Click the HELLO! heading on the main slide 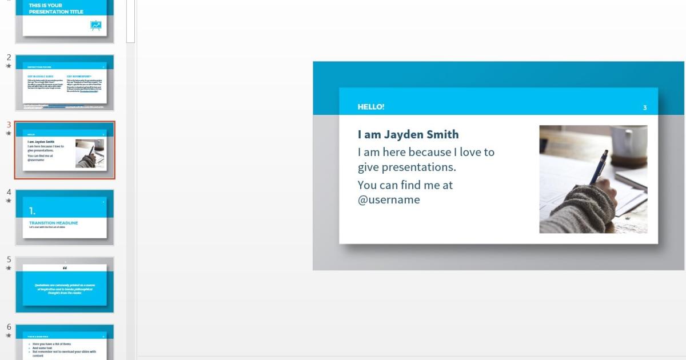tap(371, 107)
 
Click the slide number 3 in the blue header tap(645, 107)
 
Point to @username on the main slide tap(389, 200)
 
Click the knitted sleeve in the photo tap(577, 211)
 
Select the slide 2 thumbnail tap(65, 83)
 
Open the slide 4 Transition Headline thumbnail tap(65, 218)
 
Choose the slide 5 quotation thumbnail tap(65, 285)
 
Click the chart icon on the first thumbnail tap(95, 25)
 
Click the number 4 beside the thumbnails tap(9, 192)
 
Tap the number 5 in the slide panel tap(9, 259)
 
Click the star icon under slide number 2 tap(9, 66)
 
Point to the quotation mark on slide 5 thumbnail tap(65, 267)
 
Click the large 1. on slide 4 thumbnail tap(33, 211)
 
